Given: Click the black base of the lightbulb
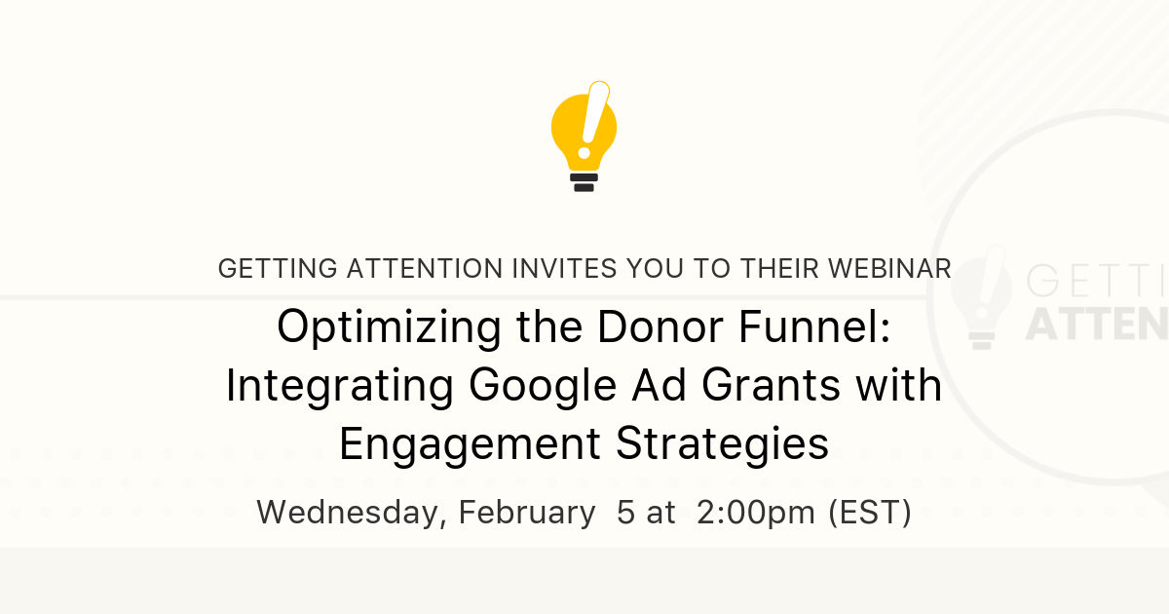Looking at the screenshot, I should pos(584,182).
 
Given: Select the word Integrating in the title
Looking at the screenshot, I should pos(339,386).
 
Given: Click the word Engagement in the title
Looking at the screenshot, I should pos(469,444).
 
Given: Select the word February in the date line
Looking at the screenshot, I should pos(527,513).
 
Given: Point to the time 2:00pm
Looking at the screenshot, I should pos(757,513).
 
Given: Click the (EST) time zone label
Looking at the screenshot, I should pos(870,513).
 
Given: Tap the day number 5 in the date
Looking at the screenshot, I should pos(625,513).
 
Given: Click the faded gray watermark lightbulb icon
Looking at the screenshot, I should pos(987,297).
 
